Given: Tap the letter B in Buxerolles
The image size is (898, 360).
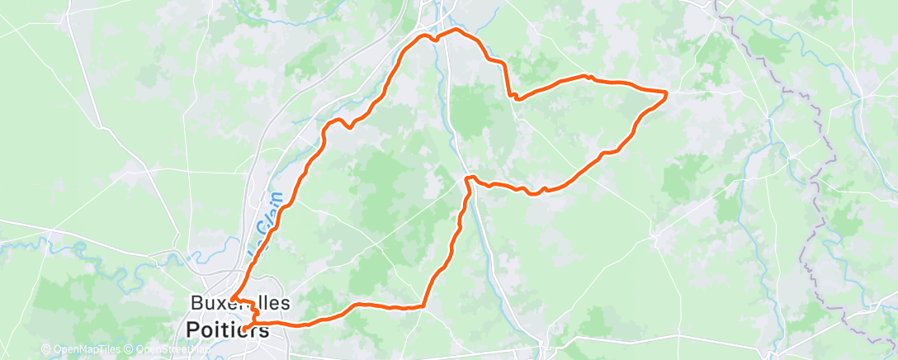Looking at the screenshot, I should click(195, 303).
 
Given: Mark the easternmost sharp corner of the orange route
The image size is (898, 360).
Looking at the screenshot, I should click(666, 92).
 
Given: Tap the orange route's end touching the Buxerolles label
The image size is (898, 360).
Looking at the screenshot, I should click(234, 298).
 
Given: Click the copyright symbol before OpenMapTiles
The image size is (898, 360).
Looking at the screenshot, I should click(45, 350).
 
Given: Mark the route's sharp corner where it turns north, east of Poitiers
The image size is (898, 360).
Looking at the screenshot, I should click(423, 306).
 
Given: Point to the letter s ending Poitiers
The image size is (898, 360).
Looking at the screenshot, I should click(264, 331).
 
